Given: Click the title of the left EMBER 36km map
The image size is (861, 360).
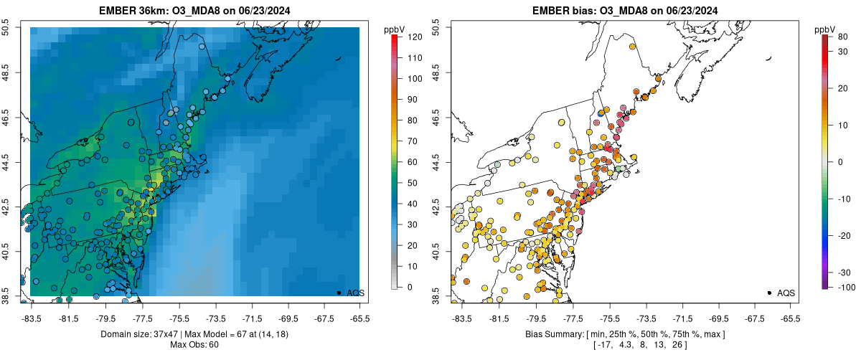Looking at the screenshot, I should [194, 11].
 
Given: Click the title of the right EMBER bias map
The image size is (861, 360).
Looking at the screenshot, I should [624, 11].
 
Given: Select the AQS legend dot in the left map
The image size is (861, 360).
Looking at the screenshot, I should [339, 293].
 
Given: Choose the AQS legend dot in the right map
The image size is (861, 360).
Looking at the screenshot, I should [769, 293].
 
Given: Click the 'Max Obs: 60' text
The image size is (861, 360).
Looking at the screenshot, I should [194, 345].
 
